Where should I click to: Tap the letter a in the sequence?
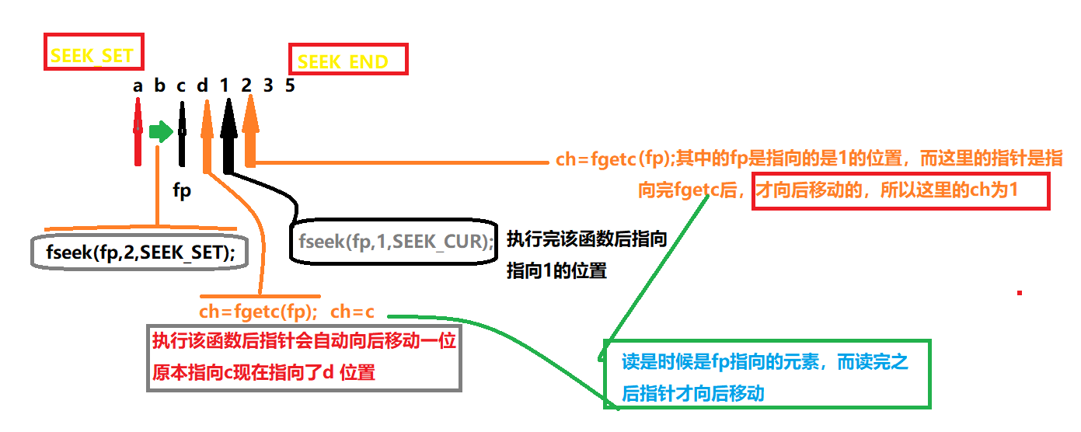point(138,85)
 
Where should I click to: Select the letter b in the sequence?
point(159,85)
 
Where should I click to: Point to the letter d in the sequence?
point(203,85)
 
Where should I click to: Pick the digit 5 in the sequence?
point(290,85)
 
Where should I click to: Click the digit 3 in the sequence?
point(268,85)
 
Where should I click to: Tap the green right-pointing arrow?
point(161,131)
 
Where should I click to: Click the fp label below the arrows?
point(182,190)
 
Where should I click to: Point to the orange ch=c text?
point(352,312)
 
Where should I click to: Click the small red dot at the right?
point(1019,293)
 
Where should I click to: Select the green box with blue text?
point(766,374)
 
